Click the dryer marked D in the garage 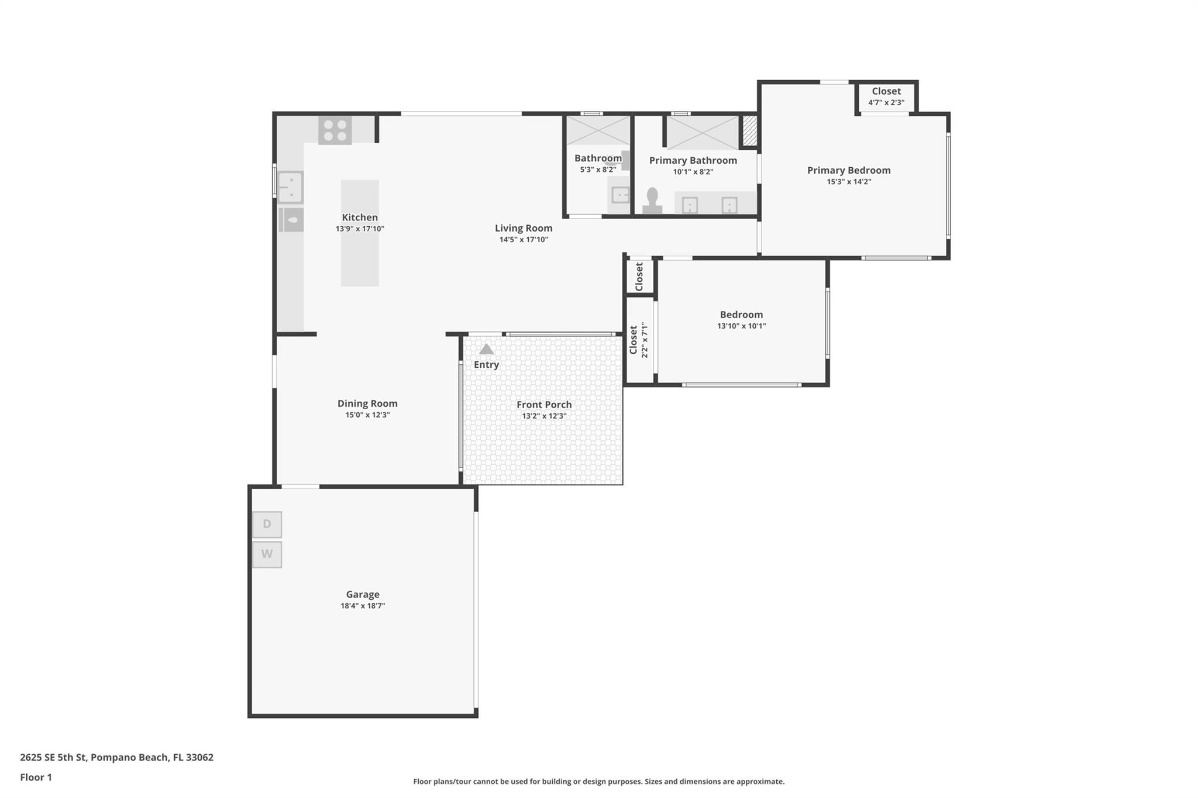tap(267, 524)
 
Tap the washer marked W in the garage tap(267, 554)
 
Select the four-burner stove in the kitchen tap(335, 130)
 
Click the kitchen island tap(360, 233)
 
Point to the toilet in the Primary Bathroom tap(652, 201)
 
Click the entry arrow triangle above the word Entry tap(487, 349)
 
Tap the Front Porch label tap(544, 405)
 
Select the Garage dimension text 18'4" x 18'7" tap(363, 606)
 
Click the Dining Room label tap(367, 403)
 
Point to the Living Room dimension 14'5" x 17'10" tap(524, 239)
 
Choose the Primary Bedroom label tap(849, 170)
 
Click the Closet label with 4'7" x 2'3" tap(886, 91)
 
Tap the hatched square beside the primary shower tap(749, 131)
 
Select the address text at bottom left tap(116, 758)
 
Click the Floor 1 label tap(36, 778)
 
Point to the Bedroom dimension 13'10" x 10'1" tap(741, 326)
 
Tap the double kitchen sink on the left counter tap(290, 187)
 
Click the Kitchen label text tap(360, 217)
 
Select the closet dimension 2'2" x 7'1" tap(645, 340)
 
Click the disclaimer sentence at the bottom tap(599, 782)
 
